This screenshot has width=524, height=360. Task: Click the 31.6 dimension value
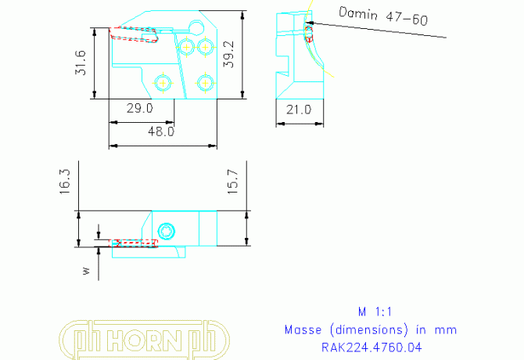click(x=80, y=63)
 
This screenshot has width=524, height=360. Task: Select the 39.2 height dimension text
click(x=229, y=55)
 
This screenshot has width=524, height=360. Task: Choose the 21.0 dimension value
click(x=298, y=110)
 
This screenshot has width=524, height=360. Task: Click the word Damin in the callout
click(x=357, y=13)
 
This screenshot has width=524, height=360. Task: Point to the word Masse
click(x=303, y=329)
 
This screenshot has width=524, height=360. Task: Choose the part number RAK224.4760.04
click(x=371, y=347)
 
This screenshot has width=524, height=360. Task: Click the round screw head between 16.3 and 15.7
click(x=165, y=230)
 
